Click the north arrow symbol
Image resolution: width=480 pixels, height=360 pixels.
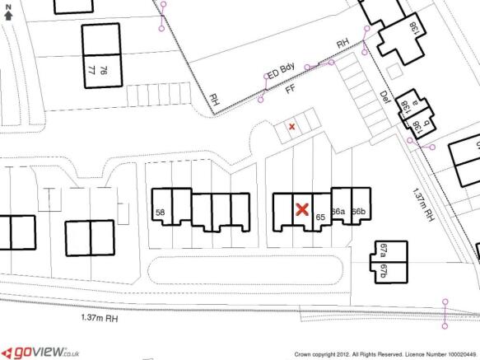click(8, 10)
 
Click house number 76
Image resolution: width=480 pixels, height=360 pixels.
click(103, 71)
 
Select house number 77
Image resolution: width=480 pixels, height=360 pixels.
click(91, 71)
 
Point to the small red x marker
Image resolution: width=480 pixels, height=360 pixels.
click(291, 126)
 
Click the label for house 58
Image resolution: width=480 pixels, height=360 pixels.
click(161, 213)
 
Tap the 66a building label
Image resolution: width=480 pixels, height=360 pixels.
click(338, 212)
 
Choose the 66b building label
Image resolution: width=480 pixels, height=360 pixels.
click(358, 212)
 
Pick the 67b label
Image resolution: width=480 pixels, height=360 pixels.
click(382, 273)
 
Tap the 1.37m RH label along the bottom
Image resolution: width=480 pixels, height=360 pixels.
click(99, 317)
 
